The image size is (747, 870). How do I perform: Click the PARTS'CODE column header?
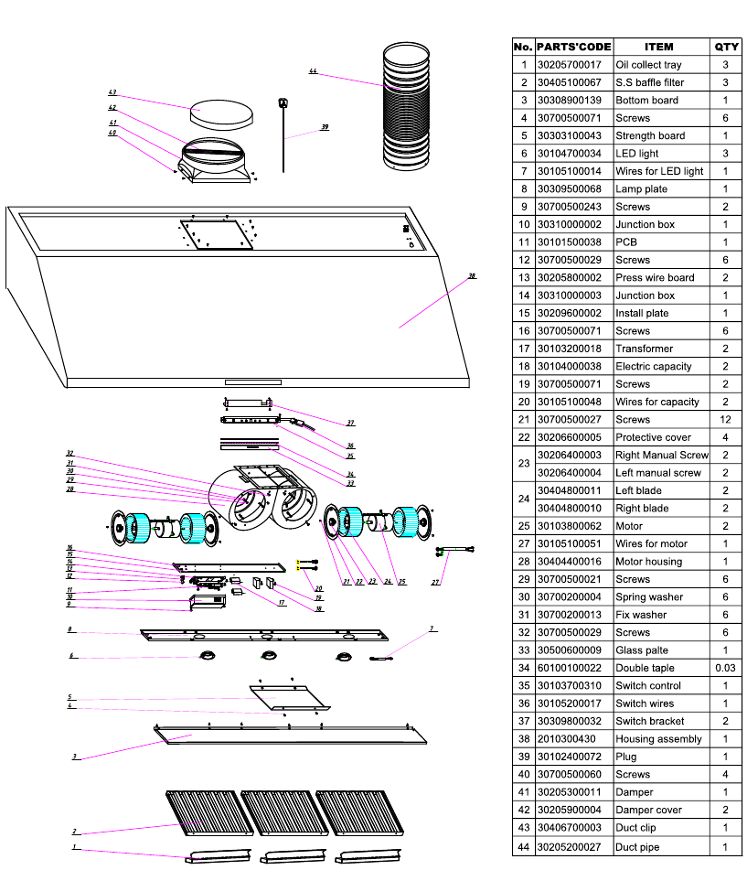(x=573, y=47)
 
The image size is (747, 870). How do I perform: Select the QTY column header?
(x=726, y=47)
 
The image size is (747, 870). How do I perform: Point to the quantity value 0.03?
(x=726, y=668)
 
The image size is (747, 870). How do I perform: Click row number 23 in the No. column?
(x=524, y=464)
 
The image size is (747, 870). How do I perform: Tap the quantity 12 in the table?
(x=726, y=419)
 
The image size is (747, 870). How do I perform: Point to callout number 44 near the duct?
(x=314, y=71)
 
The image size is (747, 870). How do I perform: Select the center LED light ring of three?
(x=268, y=654)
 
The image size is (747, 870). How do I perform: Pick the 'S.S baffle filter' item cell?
(x=649, y=82)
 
